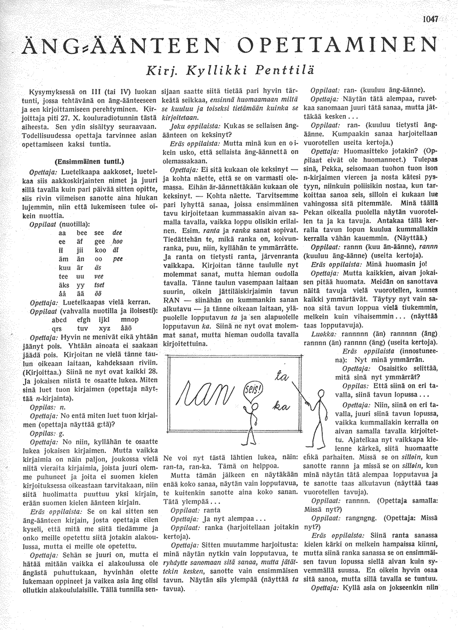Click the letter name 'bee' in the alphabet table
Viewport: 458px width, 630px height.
pos(82,218)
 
